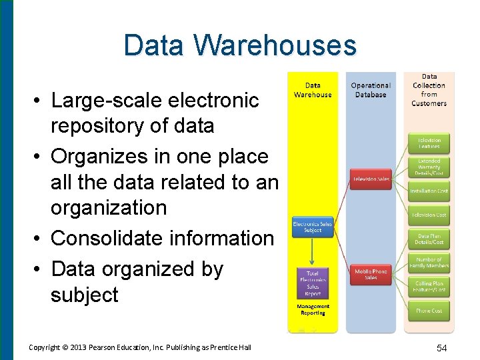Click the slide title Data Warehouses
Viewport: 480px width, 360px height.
[240, 45]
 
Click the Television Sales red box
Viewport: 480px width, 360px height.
[371, 179]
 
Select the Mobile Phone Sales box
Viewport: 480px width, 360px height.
[371, 274]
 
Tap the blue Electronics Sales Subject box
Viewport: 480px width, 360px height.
[312, 227]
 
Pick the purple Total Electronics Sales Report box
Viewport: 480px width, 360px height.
[313, 282]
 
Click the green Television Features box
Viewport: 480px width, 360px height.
[429, 143]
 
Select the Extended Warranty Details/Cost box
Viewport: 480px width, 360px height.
[429, 167]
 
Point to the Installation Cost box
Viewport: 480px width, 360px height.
[429, 191]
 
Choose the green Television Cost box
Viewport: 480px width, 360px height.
[429, 215]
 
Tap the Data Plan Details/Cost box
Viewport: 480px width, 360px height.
[429, 239]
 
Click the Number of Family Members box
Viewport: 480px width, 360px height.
[429, 263]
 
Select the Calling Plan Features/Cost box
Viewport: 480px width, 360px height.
[429, 287]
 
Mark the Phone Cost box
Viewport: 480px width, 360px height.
[429, 311]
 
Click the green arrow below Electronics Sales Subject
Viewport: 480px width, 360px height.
[312, 251]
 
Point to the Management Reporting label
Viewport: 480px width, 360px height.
[313, 310]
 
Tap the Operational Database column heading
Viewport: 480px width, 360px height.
[371, 90]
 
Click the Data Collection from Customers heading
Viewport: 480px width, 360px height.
[429, 90]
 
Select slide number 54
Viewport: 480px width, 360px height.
[441, 347]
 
